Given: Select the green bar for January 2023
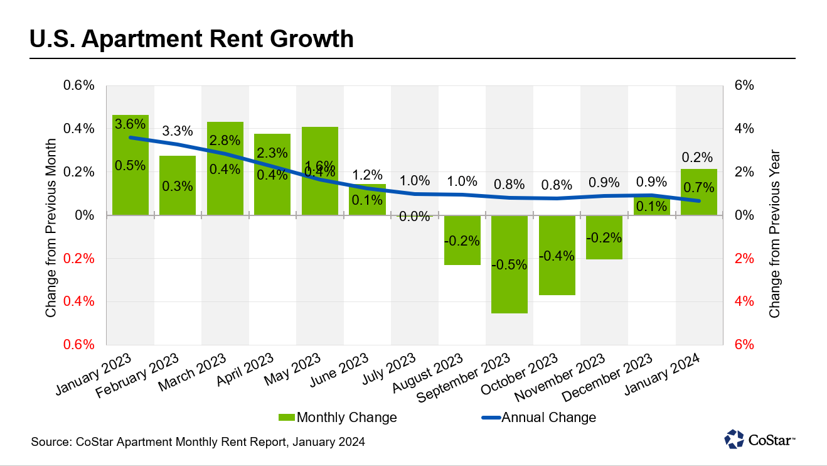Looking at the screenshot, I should pyautogui.click(x=131, y=188).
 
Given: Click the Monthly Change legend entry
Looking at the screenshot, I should pyautogui.click(x=338, y=418).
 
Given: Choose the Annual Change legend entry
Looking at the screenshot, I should pyautogui.click(x=540, y=418).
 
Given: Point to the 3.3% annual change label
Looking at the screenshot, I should pyautogui.click(x=178, y=131).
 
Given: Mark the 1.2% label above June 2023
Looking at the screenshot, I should pyautogui.click(x=367, y=175).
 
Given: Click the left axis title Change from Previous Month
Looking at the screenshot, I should pyautogui.click(x=51, y=215).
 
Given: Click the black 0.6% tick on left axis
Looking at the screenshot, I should pyautogui.click(x=79, y=86).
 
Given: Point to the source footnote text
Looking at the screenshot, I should pyautogui.click(x=198, y=442).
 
